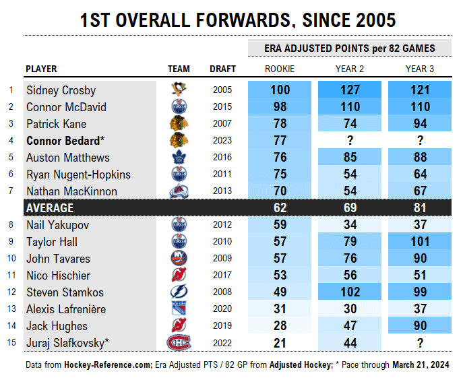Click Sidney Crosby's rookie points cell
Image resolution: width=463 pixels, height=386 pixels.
(280, 90)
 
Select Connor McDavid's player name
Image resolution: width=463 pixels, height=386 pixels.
(66, 107)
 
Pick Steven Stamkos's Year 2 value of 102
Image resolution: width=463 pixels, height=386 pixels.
(350, 292)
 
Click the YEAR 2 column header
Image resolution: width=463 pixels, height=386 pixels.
(350, 69)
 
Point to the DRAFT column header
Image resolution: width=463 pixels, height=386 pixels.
(222, 69)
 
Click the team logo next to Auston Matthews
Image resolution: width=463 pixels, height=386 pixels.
(179, 158)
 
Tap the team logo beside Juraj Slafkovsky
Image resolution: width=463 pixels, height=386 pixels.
(179, 343)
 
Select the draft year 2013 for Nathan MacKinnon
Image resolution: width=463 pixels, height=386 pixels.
(222, 191)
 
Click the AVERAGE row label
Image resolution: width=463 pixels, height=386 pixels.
(50, 208)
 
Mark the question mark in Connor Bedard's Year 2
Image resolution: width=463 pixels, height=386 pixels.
(350, 141)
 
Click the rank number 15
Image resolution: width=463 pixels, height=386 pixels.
(11, 343)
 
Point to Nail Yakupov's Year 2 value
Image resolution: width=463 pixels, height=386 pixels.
(350, 225)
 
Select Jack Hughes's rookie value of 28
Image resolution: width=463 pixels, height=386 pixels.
(280, 326)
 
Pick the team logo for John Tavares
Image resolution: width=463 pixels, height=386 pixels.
(179, 259)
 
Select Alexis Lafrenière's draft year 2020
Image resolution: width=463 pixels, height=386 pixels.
(222, 309)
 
